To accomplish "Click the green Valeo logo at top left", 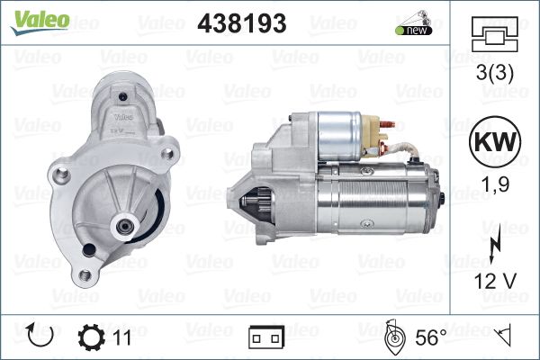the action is coord(40,22).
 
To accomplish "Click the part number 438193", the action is coord(242,23).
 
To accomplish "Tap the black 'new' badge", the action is coord(414,30).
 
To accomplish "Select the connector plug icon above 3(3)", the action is coord(494,34).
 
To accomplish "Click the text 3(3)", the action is coord(494,73).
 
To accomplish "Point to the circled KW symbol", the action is coord(495,141).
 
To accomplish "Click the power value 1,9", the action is coord(495,184).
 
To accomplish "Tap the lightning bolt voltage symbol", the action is coord(494,248).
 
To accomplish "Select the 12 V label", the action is coord(495,281).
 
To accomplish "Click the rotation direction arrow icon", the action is coord(40,335).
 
